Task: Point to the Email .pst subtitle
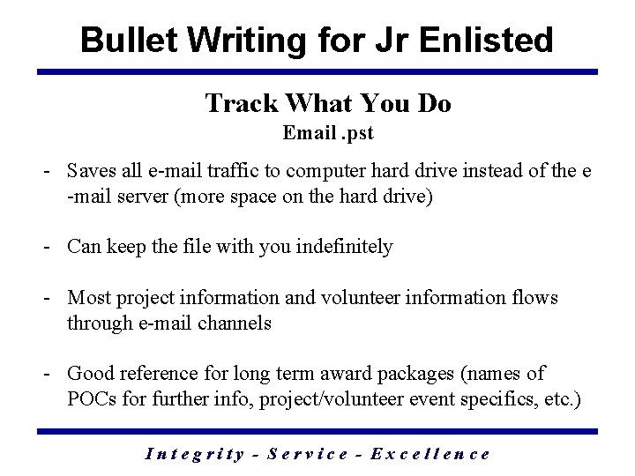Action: pos(328,134)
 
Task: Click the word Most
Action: pos(87,298)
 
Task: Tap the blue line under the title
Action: pos(317,72)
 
